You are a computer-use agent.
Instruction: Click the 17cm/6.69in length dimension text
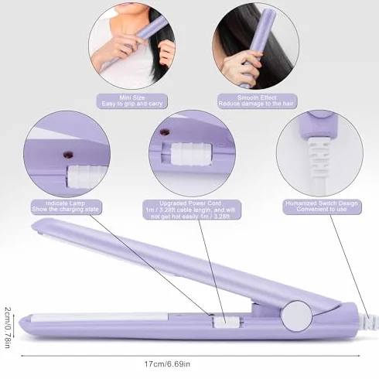tap(167, 364)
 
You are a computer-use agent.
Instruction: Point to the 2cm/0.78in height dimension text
tap(7, 327)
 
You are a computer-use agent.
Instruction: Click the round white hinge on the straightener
tap(296, 316)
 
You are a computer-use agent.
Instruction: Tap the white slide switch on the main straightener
tap(226, 322)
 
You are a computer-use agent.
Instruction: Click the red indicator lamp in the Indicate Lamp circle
tap(68, 155)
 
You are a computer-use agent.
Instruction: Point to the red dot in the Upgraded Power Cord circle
tap(165, 132)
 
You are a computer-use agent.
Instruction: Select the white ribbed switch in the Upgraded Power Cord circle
tap(191, 154)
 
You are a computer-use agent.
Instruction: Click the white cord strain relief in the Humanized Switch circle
tap(319, 156)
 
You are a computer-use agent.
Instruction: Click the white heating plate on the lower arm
tap(99, 317)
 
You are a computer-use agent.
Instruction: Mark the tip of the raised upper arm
tap(32, 226)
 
